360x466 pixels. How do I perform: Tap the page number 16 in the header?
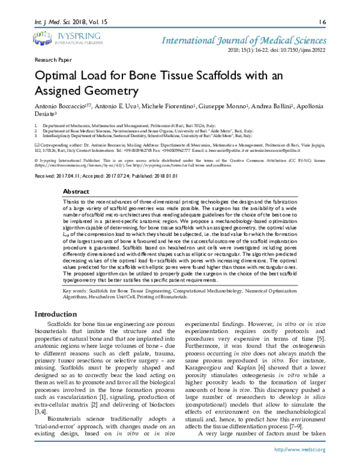click(322, 22)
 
